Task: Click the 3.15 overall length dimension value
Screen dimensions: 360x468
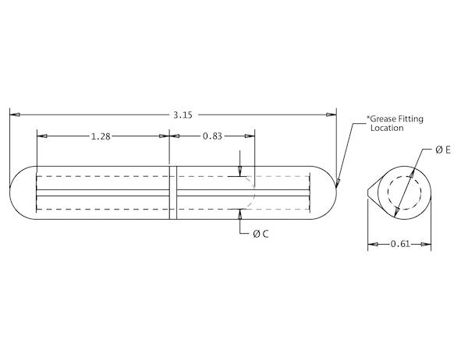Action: (183, 115)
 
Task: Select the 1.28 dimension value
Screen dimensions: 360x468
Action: (100, 136)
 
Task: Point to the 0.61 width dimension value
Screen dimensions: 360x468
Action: (399, 245)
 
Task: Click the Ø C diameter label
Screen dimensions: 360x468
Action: (261, 233)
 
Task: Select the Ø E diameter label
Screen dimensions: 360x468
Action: (443, 150)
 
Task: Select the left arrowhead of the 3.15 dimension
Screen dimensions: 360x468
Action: (14, 115)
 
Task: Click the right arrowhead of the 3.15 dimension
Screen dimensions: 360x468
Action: (332, 115)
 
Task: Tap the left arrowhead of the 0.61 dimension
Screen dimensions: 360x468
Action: (372, 245)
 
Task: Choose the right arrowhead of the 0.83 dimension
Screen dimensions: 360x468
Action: (250, 136)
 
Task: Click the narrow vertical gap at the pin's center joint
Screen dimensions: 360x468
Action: (173, 192)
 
